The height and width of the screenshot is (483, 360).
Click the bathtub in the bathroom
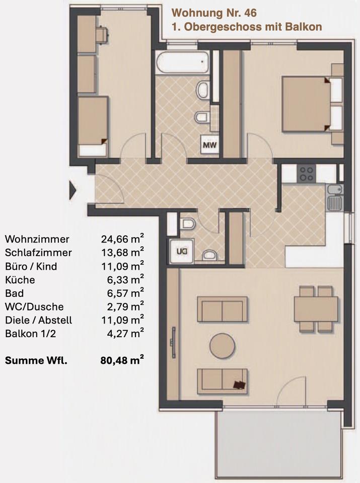tap(182, 62)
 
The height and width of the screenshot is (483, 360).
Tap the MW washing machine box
tap(209, 144)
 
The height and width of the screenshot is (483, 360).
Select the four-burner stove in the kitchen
tap(307, 174)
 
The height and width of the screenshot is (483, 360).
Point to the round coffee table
tap(222, 346)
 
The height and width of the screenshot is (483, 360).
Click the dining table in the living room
tap(316, 309)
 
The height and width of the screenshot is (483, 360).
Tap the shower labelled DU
tap(181, 251)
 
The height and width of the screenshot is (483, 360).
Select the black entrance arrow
tap(72, 190)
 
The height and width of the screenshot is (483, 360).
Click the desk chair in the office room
tap(102, 35)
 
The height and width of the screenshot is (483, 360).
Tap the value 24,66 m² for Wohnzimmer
tap(122, 238)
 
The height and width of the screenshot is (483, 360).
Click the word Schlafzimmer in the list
tap(39, 253)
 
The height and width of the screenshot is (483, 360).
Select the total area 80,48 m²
tap(122, 360)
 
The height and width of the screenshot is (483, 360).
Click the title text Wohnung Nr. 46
tap(214, 13)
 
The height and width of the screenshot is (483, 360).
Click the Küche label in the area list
tap(20, 280)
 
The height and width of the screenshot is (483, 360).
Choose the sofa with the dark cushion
tap(222, 381)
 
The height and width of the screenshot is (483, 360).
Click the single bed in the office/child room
tap(93, 126)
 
